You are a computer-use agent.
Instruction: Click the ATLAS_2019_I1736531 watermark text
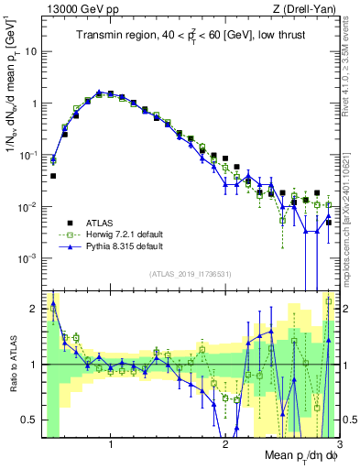[190, 274]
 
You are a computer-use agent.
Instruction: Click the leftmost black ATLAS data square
[53, 176]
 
